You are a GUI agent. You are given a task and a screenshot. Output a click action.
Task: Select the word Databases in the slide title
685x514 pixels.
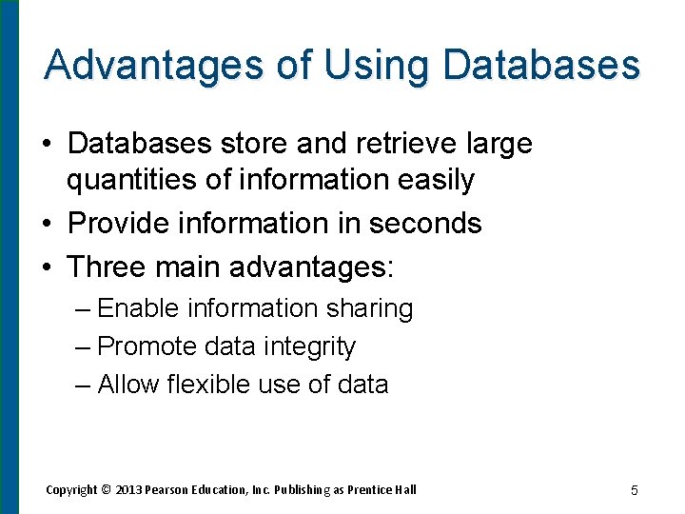pos(541,65)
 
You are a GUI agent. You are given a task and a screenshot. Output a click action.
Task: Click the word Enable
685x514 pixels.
pos(139,308)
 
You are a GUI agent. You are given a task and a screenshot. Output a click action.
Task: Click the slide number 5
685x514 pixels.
pos(634,490)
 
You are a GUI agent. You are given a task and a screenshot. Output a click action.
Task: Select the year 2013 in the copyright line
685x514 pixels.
pos(128,489)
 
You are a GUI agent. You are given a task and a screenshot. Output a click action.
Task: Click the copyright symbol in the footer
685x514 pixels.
pos(106,489)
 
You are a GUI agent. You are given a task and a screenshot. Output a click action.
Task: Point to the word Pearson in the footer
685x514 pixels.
pos(167,489)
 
